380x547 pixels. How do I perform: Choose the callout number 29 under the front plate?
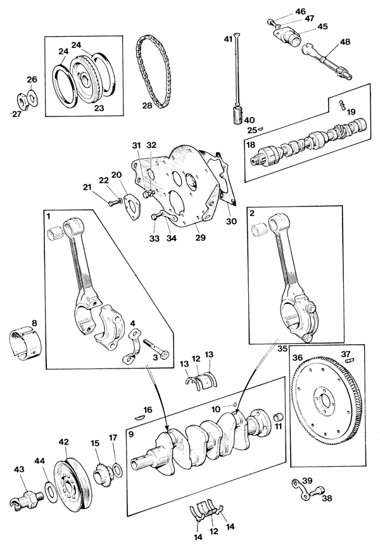tap(201, 237)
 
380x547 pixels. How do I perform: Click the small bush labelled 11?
tap(279, 417)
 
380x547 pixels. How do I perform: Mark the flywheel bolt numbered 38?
tap(319, 490)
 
